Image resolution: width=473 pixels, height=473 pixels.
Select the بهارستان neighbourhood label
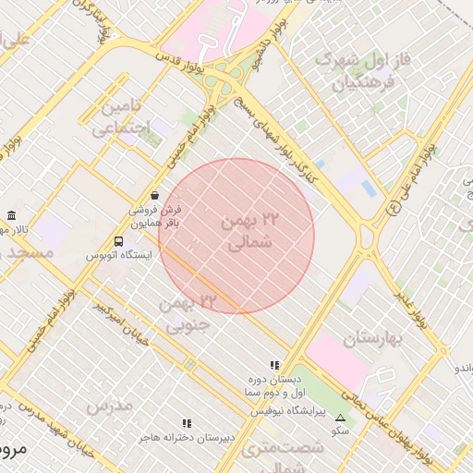point(375,339)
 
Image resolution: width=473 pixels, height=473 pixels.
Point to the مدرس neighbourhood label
point(109,405)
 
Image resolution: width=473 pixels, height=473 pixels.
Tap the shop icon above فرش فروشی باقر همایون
point(153,197)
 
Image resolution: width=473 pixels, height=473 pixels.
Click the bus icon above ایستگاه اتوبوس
point(117,241)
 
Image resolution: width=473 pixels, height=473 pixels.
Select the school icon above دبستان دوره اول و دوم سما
point(274,366)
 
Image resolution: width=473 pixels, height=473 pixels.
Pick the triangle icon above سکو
point(340,418)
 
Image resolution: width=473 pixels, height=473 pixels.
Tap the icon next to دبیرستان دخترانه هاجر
point(188,423)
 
